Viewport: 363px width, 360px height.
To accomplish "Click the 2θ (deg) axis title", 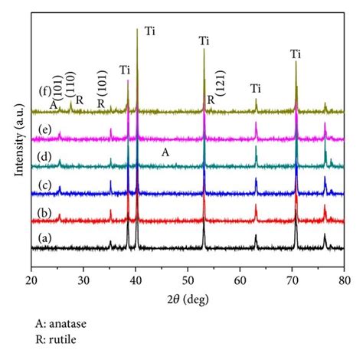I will pyautogui.click(x=188, y=296).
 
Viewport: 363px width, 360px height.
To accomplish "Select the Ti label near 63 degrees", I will pyautogui.click(x=255, y=89).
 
